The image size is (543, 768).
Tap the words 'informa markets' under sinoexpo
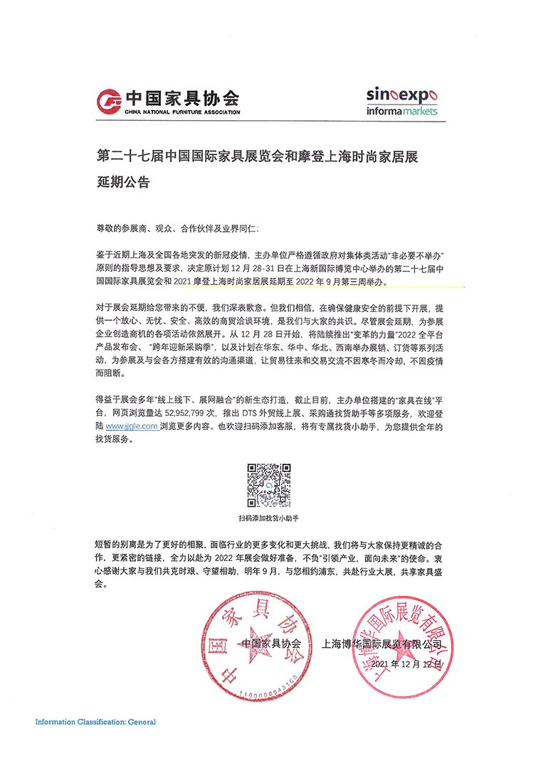click(x=403, y=111)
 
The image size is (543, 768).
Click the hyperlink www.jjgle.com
click(x=132, y=426)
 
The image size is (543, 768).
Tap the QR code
click(x=269, y=486)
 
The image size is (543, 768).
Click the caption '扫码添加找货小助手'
click(x=269, y=519)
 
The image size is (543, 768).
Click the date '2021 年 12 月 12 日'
click(x=403, y=661)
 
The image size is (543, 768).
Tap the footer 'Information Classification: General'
click(x=95, y=722)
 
